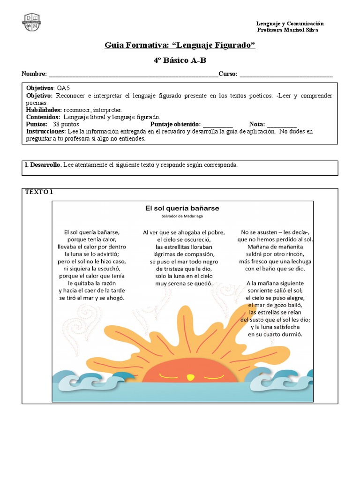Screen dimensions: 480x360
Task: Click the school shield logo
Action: click(31, 22)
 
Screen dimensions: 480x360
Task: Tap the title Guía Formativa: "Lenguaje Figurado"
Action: click(180, 45)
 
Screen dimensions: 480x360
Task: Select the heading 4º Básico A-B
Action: click(180, 60)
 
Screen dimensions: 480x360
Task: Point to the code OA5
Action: click(63, 88)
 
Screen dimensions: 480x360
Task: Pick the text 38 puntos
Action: click(67, 124)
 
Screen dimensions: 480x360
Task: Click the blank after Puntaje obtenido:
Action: click(218, 125)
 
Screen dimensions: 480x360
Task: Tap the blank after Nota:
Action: click(282, 125)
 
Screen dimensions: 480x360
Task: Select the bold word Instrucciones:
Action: click(46, 132)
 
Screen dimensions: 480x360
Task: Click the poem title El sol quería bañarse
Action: click(182, 208)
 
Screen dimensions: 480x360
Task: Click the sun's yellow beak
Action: click(189, 376)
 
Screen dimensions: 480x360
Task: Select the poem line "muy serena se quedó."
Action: click(184, 284)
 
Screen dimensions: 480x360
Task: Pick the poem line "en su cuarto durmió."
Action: click(275, 335)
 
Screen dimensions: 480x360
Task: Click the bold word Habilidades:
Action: click(44, 110)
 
